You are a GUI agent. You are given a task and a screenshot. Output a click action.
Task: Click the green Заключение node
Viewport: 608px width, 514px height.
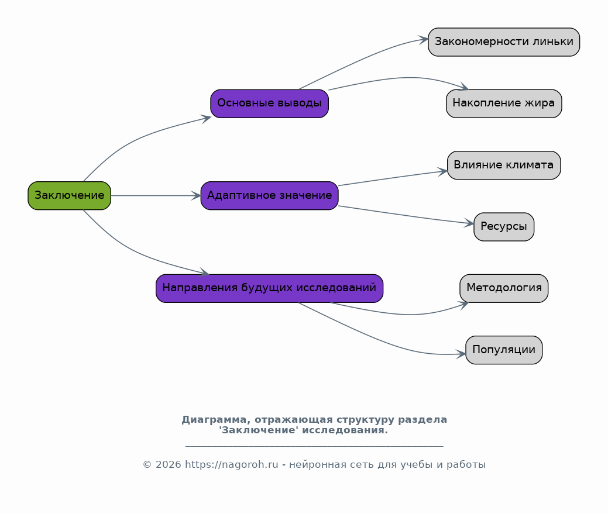tap(70, 196)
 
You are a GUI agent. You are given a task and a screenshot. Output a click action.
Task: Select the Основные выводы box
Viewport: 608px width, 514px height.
tap(270, 104)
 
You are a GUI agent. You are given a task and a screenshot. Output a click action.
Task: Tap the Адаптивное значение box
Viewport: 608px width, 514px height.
tap(270, 196)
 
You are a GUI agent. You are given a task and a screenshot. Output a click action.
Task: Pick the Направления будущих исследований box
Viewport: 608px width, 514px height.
tap(270, 288)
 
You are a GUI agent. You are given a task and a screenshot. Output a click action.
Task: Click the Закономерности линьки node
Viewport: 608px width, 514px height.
tap(504, 42)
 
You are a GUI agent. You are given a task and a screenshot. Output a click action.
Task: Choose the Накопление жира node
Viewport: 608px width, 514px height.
tap(504, 104)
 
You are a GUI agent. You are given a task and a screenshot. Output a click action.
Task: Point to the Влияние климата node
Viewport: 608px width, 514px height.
tap(504, 165)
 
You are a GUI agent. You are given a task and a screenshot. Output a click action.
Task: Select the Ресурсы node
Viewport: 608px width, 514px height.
tap(504, 227)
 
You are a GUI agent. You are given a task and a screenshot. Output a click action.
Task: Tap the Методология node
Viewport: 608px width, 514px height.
tap(504, 288)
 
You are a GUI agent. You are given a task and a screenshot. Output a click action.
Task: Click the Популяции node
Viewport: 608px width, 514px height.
tap(504, 350)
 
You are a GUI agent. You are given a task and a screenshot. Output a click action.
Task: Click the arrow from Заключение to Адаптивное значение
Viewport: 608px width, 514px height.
tap(156, 196)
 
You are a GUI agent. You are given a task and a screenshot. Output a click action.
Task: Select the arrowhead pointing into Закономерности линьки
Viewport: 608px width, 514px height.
tap(422, 40)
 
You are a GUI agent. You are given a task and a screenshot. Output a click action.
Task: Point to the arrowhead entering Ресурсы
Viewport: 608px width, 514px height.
tap(468, 223)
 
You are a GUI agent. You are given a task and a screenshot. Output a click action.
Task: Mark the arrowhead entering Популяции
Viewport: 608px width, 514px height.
tap(461, 354)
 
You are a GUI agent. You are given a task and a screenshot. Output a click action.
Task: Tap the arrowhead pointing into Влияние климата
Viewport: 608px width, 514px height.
tap(442, 171)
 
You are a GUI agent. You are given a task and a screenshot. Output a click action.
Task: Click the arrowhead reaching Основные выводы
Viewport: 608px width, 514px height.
tap(205, 118)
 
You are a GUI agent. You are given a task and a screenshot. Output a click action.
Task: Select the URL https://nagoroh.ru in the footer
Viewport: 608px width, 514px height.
tap(232, 464)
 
